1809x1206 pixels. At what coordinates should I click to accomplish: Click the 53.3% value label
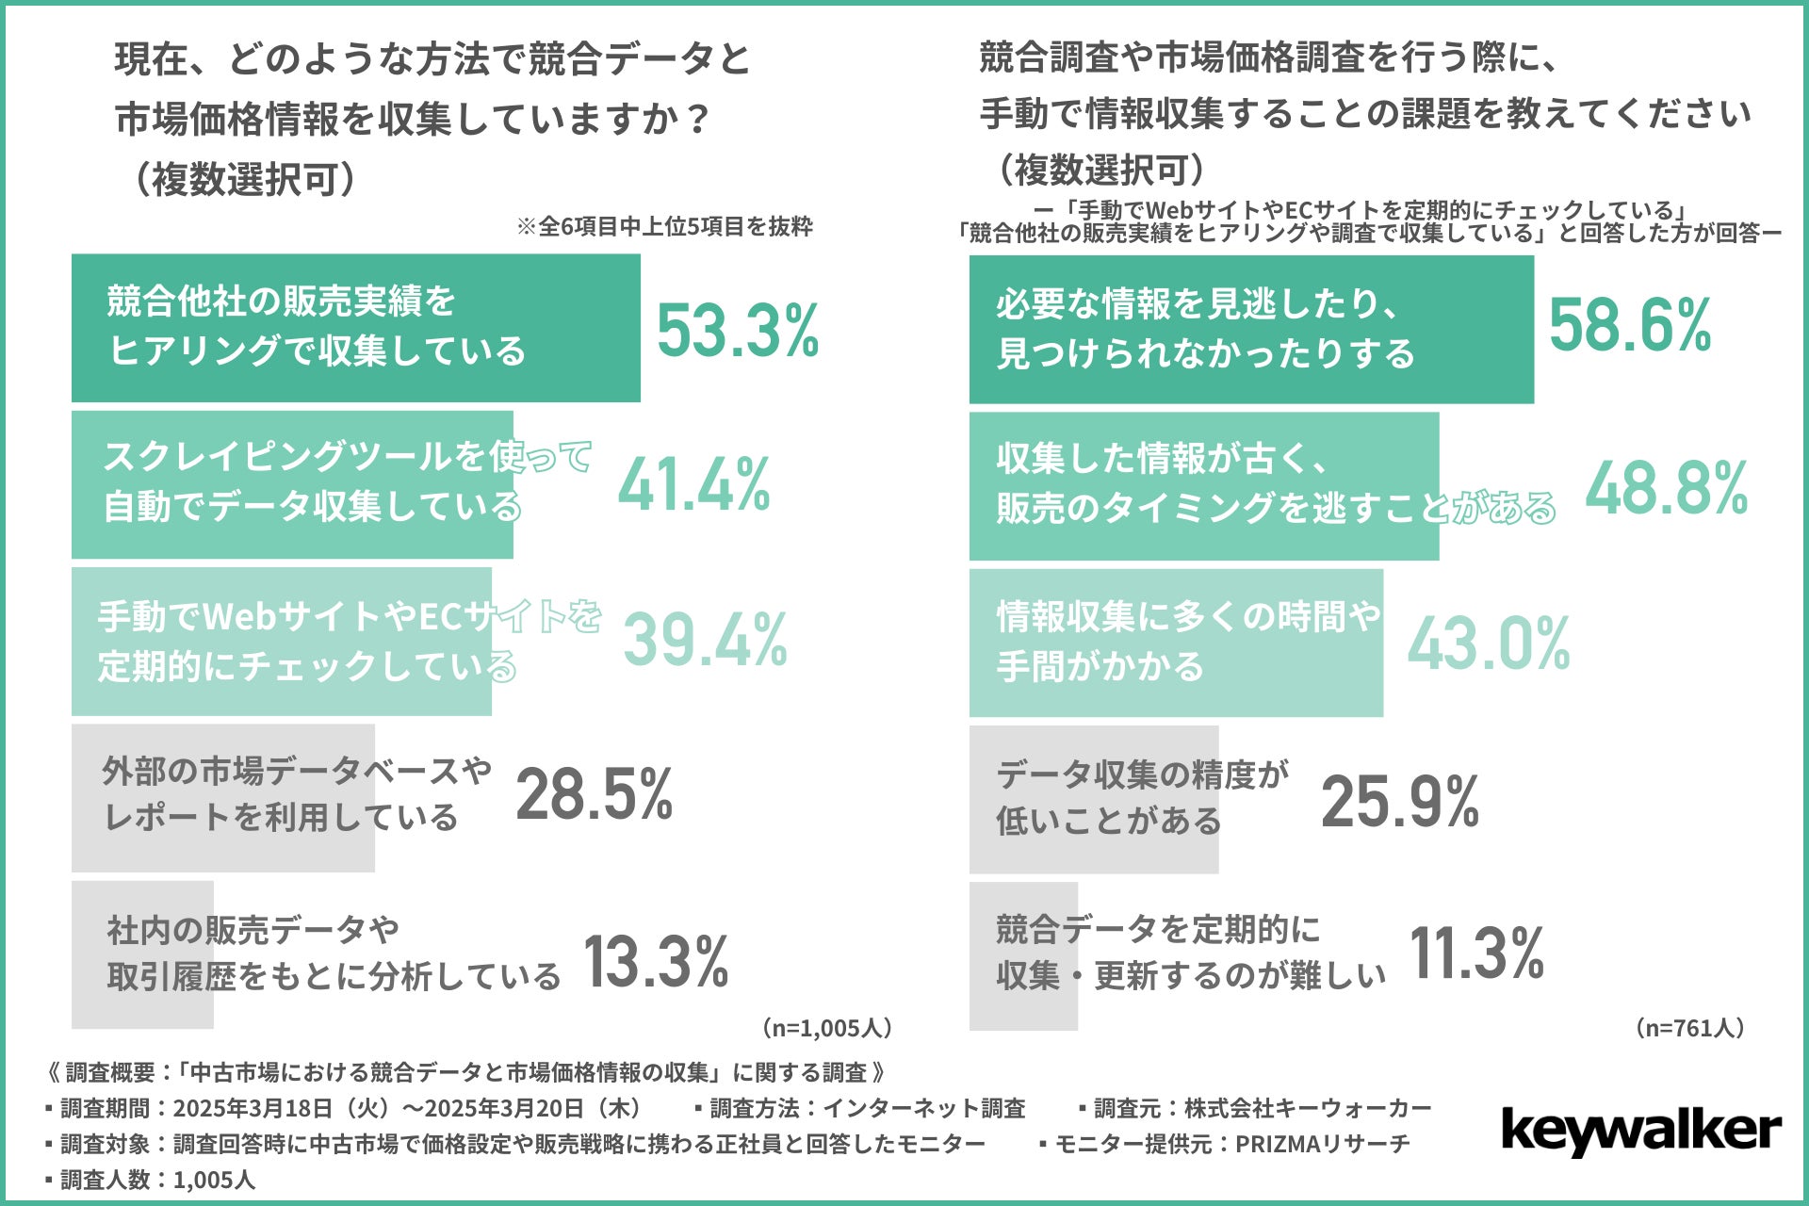pos(738,331)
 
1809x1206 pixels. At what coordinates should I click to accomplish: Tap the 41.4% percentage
pos(694,485)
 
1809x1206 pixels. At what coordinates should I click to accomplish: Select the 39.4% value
pos(705,641)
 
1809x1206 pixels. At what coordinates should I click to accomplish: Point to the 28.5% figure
pos(594,794)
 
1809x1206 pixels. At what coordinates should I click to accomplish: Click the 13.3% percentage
pos(657,961)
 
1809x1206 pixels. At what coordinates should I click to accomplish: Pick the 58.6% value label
pos(1630,325)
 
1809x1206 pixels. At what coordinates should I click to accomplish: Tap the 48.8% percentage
pos(1666,489)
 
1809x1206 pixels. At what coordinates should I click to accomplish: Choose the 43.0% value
pos(1489,644)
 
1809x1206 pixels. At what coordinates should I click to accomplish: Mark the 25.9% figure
pos(1400,802)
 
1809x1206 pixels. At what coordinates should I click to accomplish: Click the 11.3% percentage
pos(1476,953)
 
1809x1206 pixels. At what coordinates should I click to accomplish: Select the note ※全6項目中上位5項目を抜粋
pos(664,227)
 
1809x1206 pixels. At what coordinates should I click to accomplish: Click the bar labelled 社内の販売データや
pos(142,954)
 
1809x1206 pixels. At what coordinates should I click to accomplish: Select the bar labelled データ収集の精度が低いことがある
pos(1093,799)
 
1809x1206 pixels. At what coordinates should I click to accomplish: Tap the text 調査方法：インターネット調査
pos(866,1108)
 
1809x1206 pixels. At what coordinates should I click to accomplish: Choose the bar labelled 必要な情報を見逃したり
pos(1250,329)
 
